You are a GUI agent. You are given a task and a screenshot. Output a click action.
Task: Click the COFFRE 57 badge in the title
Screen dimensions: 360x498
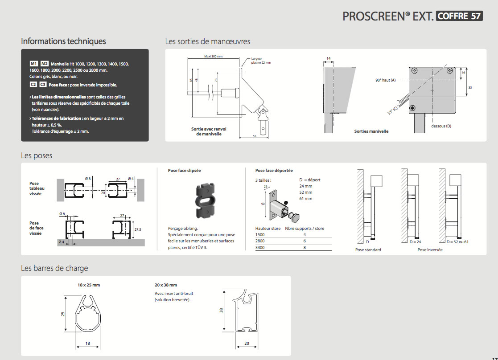(459, 16)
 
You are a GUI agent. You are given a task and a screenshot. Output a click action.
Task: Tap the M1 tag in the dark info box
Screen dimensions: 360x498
(34, 64)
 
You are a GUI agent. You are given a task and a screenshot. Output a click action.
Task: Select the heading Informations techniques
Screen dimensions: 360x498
(63, 41)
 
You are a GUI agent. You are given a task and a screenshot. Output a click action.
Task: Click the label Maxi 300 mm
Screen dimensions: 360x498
(213, 57)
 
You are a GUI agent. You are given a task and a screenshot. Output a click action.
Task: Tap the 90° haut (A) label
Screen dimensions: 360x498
(386, 80)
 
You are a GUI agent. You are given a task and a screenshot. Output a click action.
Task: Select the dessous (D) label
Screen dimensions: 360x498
(441, 126)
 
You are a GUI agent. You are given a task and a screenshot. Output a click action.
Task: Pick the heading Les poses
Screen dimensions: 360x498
(37, 155)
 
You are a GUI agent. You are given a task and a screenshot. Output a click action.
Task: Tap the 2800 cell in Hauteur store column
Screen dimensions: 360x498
(260, 241)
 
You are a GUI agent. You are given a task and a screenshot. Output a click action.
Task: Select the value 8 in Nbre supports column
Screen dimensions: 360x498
(305, 247)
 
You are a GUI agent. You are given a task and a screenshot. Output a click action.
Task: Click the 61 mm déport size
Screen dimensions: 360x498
(306, 199)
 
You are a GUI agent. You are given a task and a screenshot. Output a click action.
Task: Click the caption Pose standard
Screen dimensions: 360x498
(368, 250)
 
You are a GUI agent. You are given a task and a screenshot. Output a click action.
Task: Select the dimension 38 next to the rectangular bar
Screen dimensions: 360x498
(221, 310)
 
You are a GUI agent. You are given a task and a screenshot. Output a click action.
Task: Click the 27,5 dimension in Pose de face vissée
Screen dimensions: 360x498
(137, 229)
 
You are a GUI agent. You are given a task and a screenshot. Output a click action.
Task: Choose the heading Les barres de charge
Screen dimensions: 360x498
(54, 268)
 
